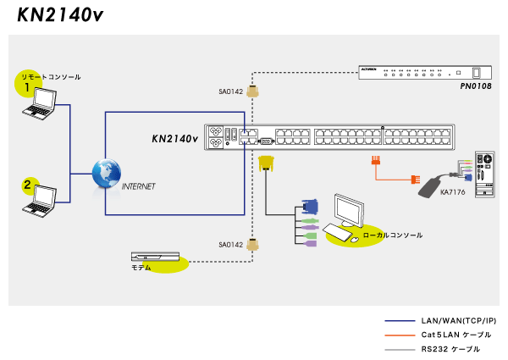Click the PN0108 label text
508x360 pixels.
click(476, 86)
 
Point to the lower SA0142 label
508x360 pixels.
click(231, 245)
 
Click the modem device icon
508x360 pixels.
click(155, 256)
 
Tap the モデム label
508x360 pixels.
click(141, 268)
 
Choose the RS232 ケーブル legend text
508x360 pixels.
click(451, 349)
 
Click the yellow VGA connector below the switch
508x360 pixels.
click(266, 162)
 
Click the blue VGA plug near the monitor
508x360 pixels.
click(310, 207)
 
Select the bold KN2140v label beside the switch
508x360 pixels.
click(174, 138)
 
